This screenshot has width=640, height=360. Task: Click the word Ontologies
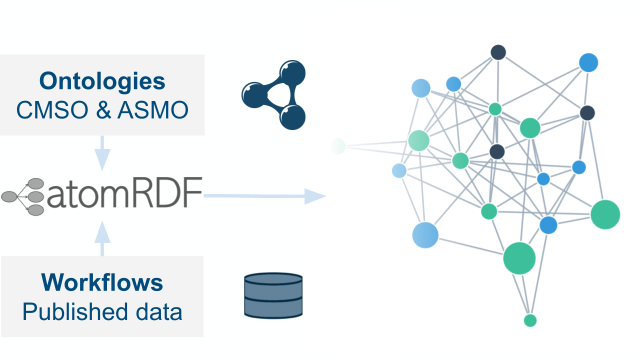point(102,81)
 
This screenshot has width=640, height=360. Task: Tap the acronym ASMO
point(153,110)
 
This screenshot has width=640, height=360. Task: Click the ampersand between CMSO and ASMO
point(102,110)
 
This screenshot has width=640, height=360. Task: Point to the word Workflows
point(102,282)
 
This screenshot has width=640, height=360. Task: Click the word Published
point(67,312)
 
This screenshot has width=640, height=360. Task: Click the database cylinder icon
point(273,295)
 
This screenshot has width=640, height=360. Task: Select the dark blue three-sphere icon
point(274,95)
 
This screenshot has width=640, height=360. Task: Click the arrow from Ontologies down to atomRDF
point(102,152)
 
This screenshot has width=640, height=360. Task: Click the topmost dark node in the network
point(498,52)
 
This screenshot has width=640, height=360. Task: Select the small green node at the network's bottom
point(530,320)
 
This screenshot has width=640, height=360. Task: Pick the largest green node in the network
point(519,258)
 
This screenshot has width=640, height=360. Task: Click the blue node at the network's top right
point(588,62)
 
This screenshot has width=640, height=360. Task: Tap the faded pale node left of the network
point(337,146)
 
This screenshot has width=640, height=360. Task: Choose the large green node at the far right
point(605,214)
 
